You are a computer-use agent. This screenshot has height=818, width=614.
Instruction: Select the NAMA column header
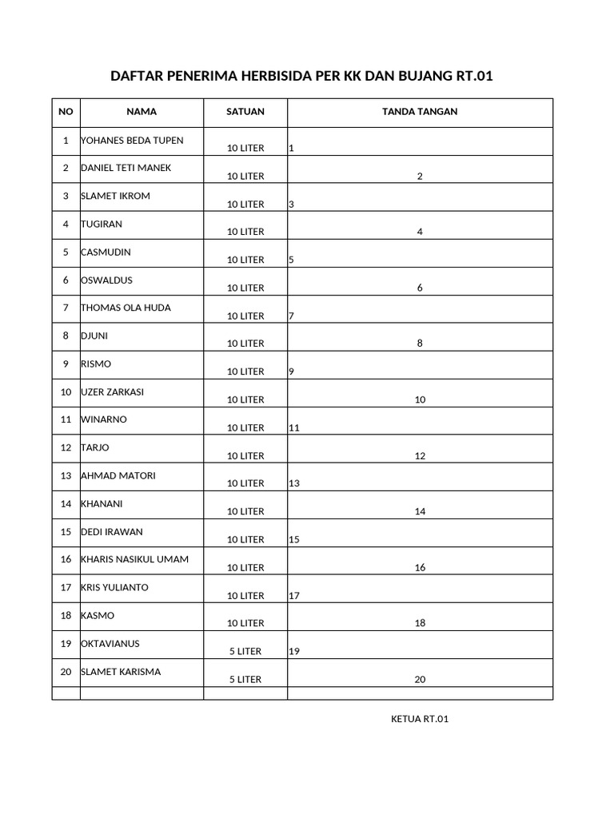pos(142,112)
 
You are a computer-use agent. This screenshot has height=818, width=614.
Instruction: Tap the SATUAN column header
pos(245,112)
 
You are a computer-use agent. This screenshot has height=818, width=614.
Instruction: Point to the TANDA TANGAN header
pos(420,112)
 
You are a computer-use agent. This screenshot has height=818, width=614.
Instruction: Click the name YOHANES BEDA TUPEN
pos(132,141)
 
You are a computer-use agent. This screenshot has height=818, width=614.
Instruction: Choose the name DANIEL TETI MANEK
pos(126,168)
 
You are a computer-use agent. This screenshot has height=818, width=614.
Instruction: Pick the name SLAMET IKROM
pos(115,196)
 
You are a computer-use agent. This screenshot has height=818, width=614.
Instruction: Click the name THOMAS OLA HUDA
pos(126,308)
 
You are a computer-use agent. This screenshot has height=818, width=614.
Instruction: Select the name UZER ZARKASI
pos(113,392)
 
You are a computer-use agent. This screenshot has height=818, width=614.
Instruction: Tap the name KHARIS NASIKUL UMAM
pos(134,559)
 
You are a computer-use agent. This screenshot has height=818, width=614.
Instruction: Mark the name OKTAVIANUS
pos(110,644)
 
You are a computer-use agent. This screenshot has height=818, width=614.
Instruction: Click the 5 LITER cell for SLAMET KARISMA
pos(245,680)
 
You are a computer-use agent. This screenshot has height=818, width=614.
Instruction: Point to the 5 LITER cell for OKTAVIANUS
pos(245,651)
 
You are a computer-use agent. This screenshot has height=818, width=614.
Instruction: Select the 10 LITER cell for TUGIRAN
pos(245,232)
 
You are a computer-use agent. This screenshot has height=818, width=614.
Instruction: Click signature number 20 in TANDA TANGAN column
pos(420,680)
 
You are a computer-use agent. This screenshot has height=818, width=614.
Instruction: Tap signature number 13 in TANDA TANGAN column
pos(294,483)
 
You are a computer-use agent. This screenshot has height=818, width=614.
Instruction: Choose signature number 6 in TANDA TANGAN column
pos(420,288)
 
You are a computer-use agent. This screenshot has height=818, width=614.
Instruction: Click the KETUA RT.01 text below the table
pos(420,719)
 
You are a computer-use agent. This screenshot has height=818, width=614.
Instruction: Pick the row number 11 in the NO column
pos(66,420)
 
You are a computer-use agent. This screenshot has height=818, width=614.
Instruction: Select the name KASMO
pos(98,616)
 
